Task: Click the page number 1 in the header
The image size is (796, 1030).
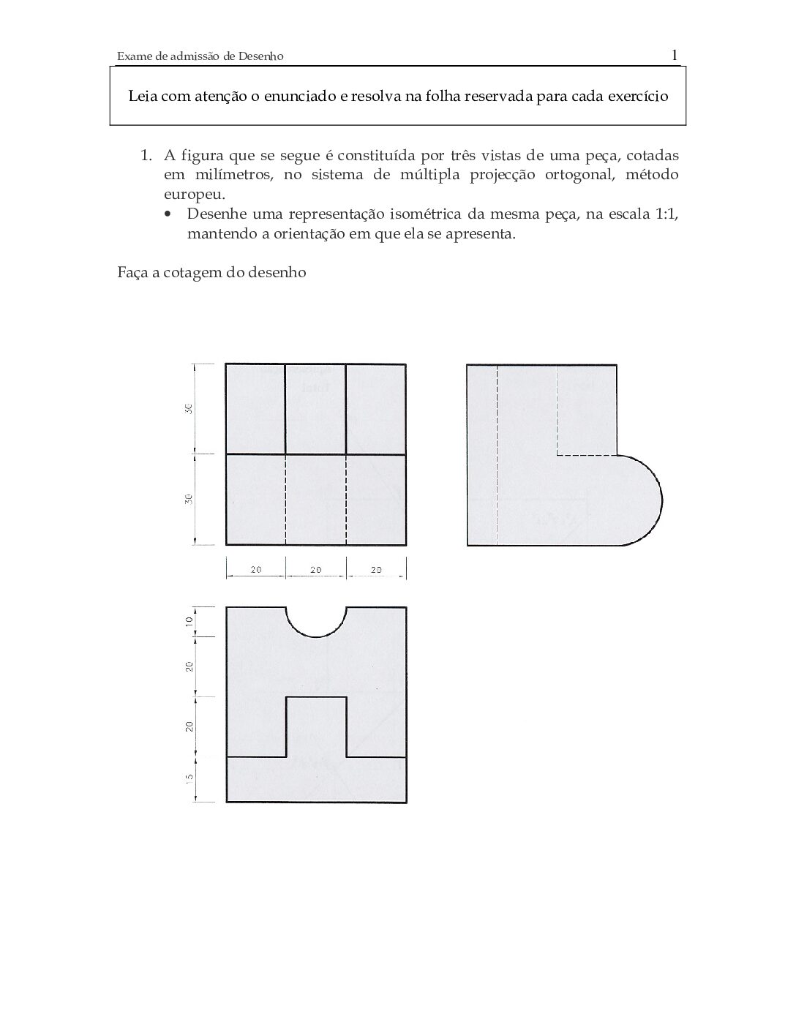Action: coord(674,55)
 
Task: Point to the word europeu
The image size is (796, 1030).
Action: coord(194,195)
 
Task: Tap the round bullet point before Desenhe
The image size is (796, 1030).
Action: coord(169,215)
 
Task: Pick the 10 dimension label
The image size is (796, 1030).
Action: coord(189,621)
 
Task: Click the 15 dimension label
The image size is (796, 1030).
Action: coord(189,779)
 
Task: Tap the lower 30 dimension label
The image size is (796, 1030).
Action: coord(189,499)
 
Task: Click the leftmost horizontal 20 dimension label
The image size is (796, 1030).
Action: coord(255,569)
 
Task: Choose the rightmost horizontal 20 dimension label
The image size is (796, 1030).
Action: coord(376,569)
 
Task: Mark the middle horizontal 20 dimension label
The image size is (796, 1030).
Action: coord(315,569)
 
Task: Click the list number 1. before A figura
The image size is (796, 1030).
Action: coord(146,156)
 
